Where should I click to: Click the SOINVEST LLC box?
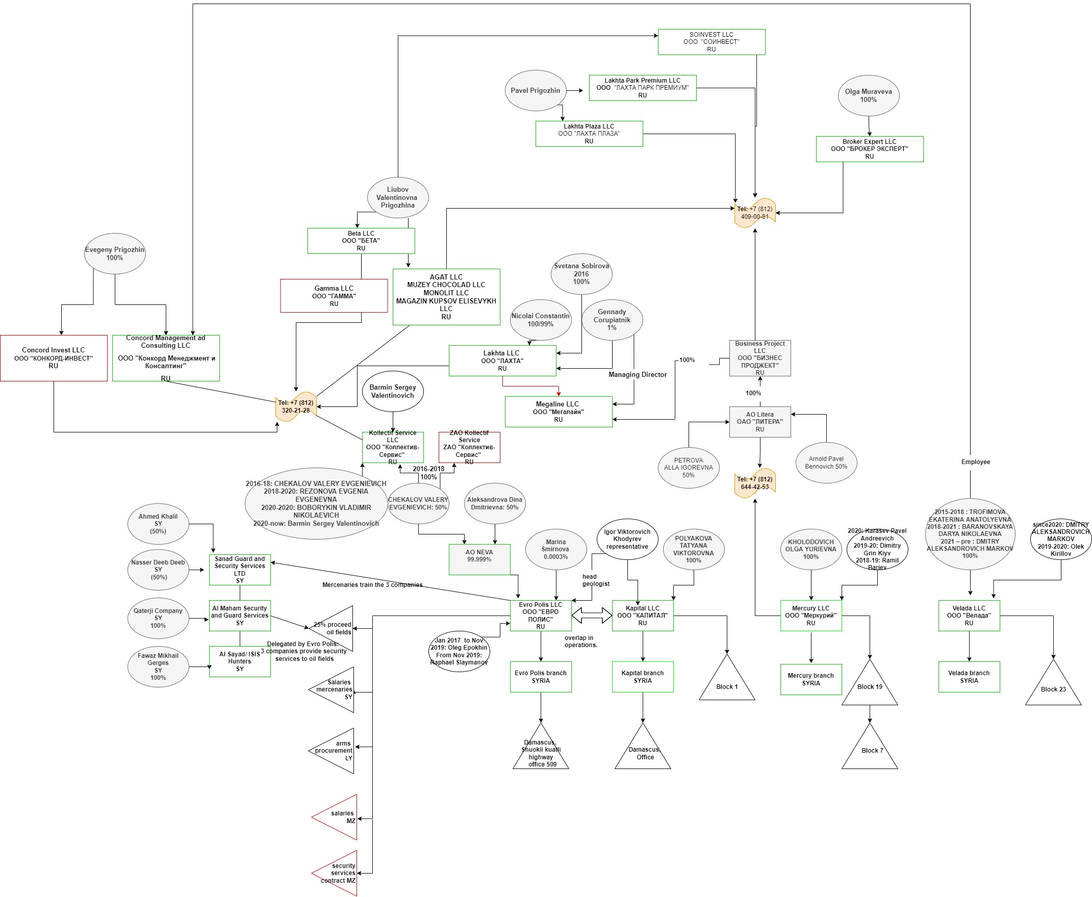(711, 42)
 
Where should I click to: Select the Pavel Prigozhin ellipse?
(535, 90)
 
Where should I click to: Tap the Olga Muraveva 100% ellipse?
(868, 95)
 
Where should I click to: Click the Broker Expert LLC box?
(869, 149)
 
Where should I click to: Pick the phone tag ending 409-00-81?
(754, 213)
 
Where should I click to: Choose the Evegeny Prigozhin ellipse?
(115, 254)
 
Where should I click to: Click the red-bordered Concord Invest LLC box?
(54, 358)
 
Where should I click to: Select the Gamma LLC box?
(334, 296)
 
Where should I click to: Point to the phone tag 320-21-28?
(296, 406)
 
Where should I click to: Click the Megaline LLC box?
(558, 412)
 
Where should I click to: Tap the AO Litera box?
(759, 422)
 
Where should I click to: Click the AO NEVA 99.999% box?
(479, 559)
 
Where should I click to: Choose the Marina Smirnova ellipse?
(555, 549)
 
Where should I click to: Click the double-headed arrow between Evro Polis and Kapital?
(591, 616)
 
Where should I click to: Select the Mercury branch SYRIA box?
(810, 679)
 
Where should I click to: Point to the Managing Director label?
(637, 375)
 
